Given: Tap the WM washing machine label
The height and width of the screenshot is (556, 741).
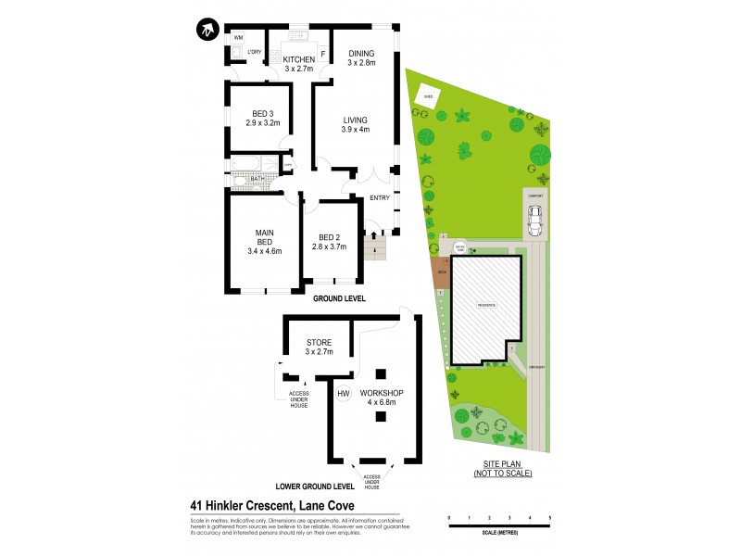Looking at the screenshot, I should point(238,37).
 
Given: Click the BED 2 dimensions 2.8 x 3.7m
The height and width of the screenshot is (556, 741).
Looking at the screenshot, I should point(329,246).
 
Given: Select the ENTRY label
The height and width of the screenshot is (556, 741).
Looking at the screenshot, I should point(380,197).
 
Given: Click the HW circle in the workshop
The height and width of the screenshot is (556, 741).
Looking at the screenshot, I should point(343,395).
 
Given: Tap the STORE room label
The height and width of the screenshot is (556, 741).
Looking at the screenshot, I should point(319,343).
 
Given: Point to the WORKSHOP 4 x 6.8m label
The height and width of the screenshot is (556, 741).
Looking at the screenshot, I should point(388,398).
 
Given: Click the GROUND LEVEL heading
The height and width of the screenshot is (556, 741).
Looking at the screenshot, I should point(338,299).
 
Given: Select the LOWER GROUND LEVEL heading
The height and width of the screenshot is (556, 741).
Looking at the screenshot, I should point(316,486).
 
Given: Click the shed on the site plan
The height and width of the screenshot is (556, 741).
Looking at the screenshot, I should point(429,95).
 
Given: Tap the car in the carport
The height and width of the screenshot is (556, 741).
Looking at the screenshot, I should point(534,221).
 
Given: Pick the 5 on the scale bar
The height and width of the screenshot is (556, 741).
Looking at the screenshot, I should point(550,517).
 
